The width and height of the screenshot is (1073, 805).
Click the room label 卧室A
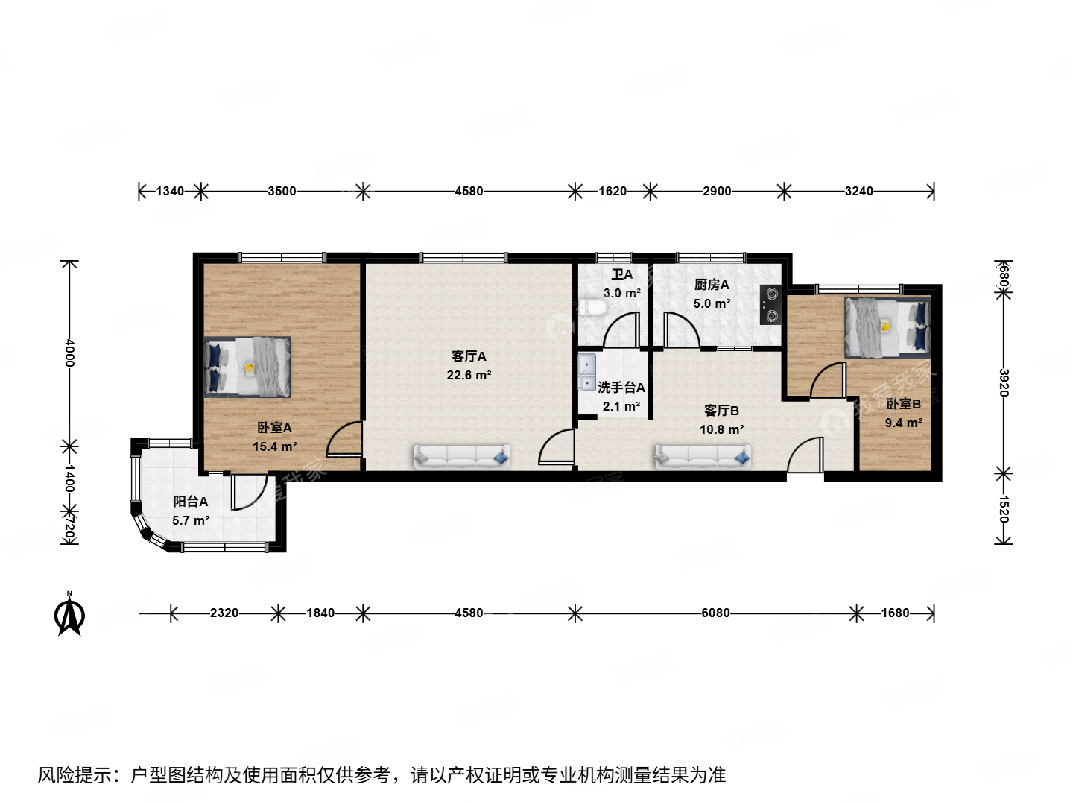[x=274, y=428]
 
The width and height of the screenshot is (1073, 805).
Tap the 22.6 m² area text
[x=469, y=376]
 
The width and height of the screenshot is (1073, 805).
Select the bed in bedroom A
[x=247, y=367]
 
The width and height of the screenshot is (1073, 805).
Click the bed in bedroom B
[x=887, y=326]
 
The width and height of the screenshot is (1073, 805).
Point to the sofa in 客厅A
[x=462, y=456]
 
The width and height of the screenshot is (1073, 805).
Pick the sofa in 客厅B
[x=703, y=457]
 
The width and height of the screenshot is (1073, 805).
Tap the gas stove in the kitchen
[x=771, y=305]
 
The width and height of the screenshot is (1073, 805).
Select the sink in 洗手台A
[x=587, y=373]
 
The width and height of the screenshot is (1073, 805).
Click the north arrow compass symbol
[x=70, y=616]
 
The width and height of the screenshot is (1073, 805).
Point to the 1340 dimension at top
[x=169, y=191]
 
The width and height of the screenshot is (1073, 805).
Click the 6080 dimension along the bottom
[x=715, y=613]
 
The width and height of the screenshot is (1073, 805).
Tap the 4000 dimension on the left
[x=69, y=352]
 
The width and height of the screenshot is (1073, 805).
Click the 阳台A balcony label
[x=191, y=502]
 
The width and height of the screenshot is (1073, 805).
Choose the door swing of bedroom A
[x=344, y=440]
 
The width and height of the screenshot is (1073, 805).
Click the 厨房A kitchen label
[x=712, y=285]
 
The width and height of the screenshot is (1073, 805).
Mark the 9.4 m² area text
[x=903, y=423]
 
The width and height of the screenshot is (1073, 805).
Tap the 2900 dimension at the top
[x=717, y=191]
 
